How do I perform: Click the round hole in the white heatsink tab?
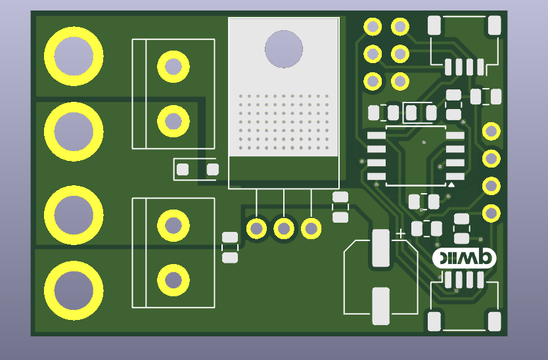[284, 49]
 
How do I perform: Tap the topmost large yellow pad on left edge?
[74, 56]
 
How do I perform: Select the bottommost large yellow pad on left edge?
[74, 290]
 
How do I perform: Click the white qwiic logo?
[465, 258]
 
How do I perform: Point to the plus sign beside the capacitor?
[401, 233]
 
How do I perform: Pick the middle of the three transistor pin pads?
[284, 229]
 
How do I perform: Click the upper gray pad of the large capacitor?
[380, 248]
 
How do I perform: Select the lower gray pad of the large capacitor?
[380, 305]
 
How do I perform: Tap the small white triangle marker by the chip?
[451, 186]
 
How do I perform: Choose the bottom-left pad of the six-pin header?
[373, 81]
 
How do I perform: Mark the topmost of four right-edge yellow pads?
[491, 131]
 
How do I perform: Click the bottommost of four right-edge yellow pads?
[491, 214]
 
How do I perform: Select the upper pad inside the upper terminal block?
[173, 66]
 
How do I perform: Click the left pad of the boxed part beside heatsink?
[183, 169]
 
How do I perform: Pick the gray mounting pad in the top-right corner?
[495, 26]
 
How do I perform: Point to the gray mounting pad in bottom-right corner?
[495, 322]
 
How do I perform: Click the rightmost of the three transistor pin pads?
[311, 229]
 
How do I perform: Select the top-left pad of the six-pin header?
[373, 27]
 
